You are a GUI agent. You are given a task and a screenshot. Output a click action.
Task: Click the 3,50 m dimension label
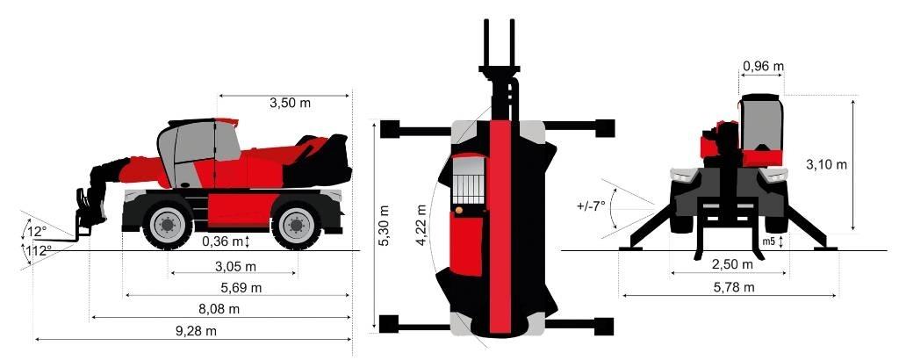click(x=290, y=104)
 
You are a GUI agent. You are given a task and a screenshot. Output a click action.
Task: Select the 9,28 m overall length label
click(x=196, y=331)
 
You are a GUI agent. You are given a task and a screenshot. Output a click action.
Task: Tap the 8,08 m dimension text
click(x=219, y=309)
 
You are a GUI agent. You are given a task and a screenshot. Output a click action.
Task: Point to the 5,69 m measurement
click(x=241, y=288)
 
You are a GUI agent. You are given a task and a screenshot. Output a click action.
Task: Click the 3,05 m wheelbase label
click(x=234, y=266)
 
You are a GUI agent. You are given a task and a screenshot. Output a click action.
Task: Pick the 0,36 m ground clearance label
click(x=222, y=241)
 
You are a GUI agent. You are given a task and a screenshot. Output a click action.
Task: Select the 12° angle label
click(x=37, y=232)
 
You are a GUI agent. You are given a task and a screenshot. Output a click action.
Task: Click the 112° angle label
click(x=39, y=250)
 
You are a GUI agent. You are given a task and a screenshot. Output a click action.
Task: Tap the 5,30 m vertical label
click(x=385, y=226)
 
